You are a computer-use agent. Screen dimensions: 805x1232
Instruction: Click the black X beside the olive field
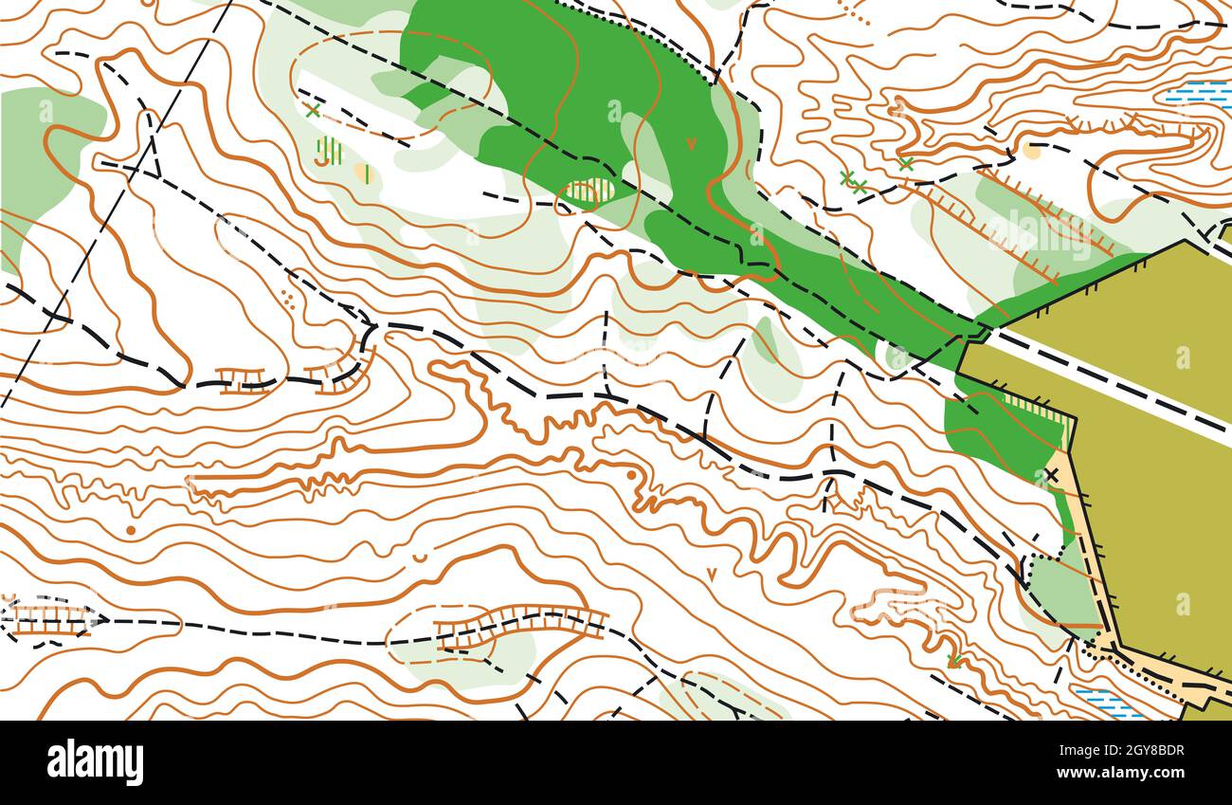[1051, 474]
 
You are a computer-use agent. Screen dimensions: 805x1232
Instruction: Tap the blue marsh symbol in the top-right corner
[1198, 93]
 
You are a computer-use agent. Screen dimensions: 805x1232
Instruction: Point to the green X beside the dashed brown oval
[313, 111]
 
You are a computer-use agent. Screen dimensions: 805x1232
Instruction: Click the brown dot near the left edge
[131, 530]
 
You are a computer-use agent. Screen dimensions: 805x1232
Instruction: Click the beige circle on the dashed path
[1031, 150]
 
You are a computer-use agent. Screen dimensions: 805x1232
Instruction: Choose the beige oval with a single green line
[363, 173]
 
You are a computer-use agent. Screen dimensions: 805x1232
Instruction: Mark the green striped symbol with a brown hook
[328, 152]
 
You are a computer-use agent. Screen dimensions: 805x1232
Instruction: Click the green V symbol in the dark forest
[691, 143]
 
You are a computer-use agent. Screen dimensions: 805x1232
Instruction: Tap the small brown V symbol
[711, 574]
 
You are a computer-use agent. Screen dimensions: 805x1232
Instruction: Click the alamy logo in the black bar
[95, 761]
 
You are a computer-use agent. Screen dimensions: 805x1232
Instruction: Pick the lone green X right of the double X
[905, 163]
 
